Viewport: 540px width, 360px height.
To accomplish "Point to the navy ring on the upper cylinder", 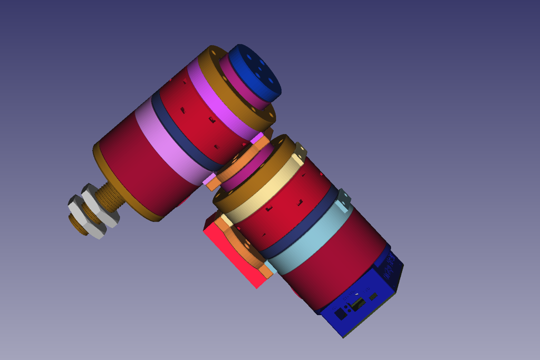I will (x=179, y=132).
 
